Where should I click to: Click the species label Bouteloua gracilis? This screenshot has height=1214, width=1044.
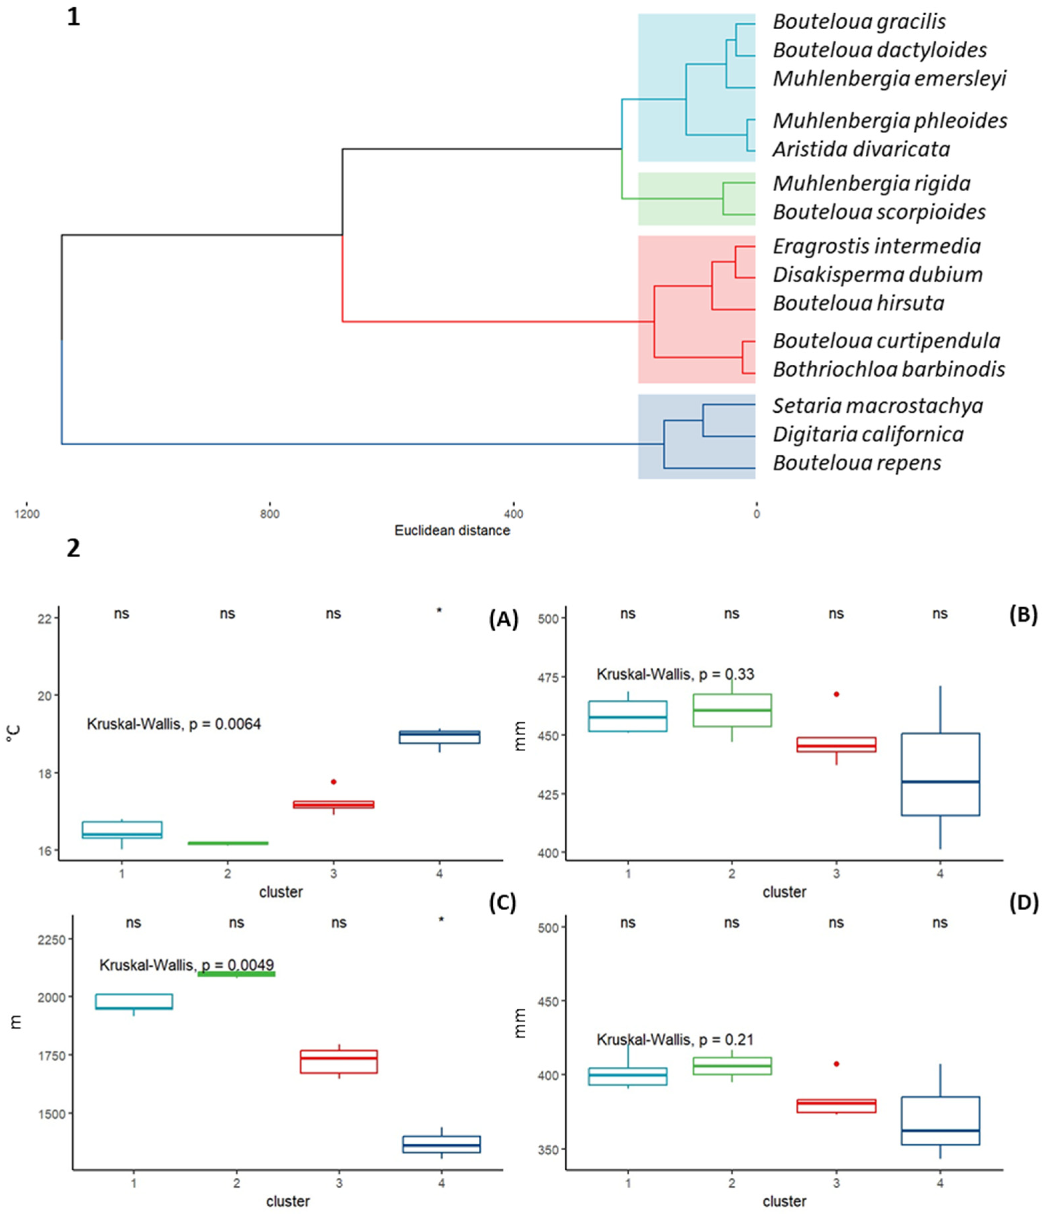[859, 22]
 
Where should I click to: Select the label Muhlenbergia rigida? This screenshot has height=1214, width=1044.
[871, 183]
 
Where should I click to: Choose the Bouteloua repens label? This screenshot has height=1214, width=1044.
[856, 463]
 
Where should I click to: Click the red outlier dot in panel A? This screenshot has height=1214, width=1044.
[333, 782]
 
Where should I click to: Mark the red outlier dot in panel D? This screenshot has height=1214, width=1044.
[836, 1063]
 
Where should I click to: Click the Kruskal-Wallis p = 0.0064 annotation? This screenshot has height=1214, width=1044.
[174, 724]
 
